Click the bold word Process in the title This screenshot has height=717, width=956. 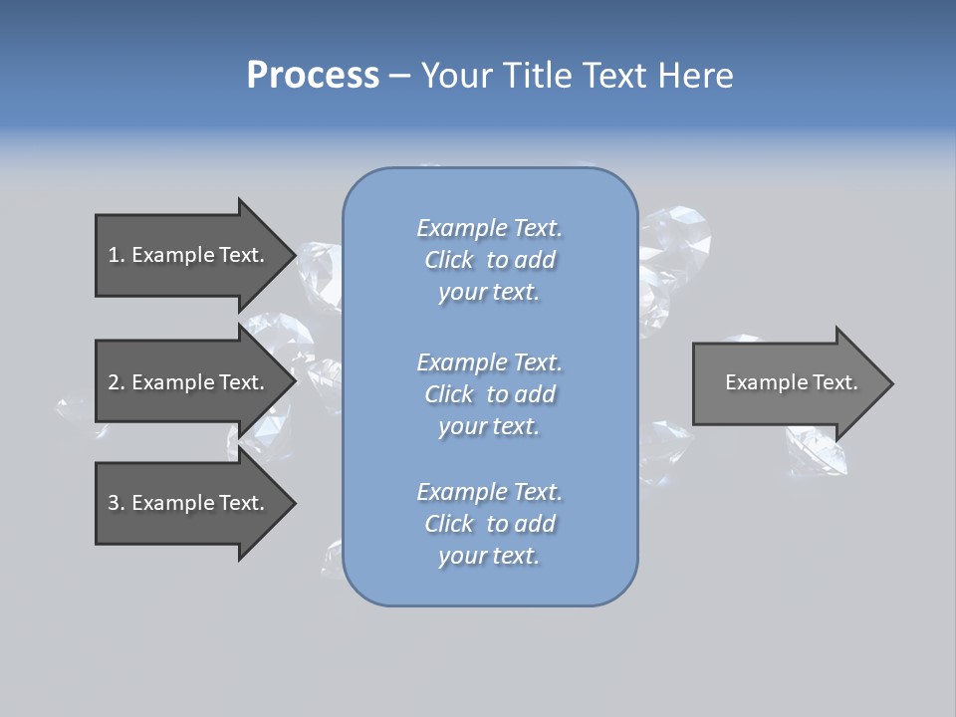pyautogui.click(x=313, y=76)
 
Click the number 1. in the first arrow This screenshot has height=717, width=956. pyautogui.click(x=116, y=255)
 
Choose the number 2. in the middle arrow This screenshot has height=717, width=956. pyautogui.click(x=116, y=382)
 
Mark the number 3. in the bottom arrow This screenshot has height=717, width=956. pyautogui.click(x=116, y=503)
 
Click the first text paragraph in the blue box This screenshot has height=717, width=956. pyautogui.click(x=489, y=260)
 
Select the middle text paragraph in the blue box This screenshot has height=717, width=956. pyautogui.click(x=489, y=394)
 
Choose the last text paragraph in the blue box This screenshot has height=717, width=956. pyautogui.click(x=489, y=524)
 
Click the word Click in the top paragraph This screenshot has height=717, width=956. pyautogui.click(x=449, y=260)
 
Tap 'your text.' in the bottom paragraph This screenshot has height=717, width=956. pyautogui.click(x=489, y=556)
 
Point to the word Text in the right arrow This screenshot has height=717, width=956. pyautogui.click(x=836, y=382)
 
